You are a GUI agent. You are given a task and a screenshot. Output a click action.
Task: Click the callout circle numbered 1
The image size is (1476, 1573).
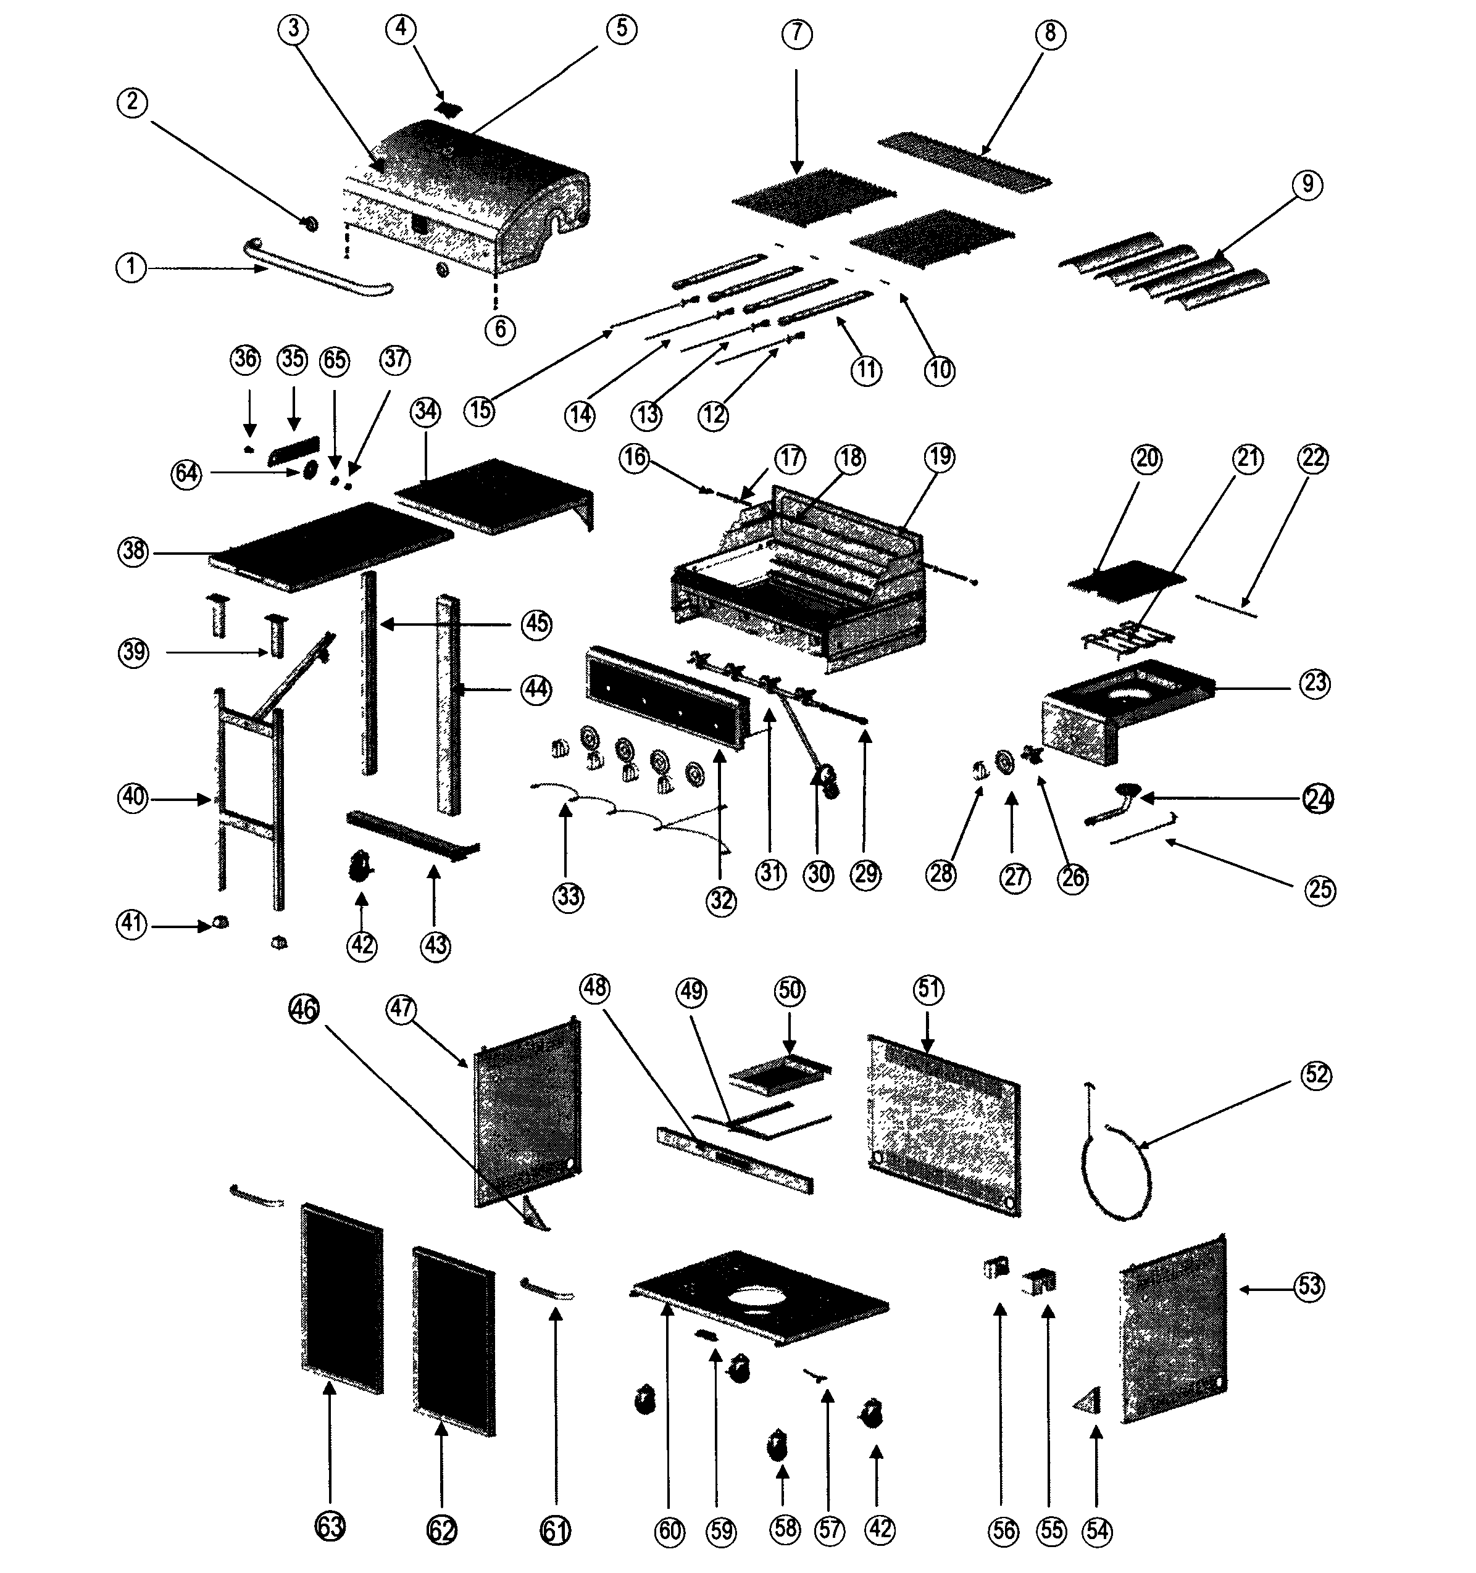[x=131, y=267]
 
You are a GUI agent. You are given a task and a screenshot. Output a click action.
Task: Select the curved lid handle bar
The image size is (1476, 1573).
[x=317, y=269]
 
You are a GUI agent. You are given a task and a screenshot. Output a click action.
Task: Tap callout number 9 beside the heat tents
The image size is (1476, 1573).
[x=1307, y=185]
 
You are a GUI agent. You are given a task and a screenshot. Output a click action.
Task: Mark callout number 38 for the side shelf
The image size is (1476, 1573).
[x=134, y=550]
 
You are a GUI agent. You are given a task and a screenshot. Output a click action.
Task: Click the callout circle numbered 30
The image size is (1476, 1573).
[x=819, y=874]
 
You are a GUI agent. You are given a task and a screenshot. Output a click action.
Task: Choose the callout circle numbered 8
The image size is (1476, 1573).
[x=1049, y=33]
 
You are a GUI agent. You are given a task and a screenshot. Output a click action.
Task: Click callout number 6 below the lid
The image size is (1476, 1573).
[x=500, y=328]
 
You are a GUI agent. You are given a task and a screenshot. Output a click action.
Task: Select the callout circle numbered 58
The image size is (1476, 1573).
[x=785, y=1528]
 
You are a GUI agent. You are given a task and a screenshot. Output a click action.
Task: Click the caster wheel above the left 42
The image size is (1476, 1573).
[x=362, y=866]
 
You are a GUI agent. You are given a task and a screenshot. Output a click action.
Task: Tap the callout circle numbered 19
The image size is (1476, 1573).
[x=940, y=457]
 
